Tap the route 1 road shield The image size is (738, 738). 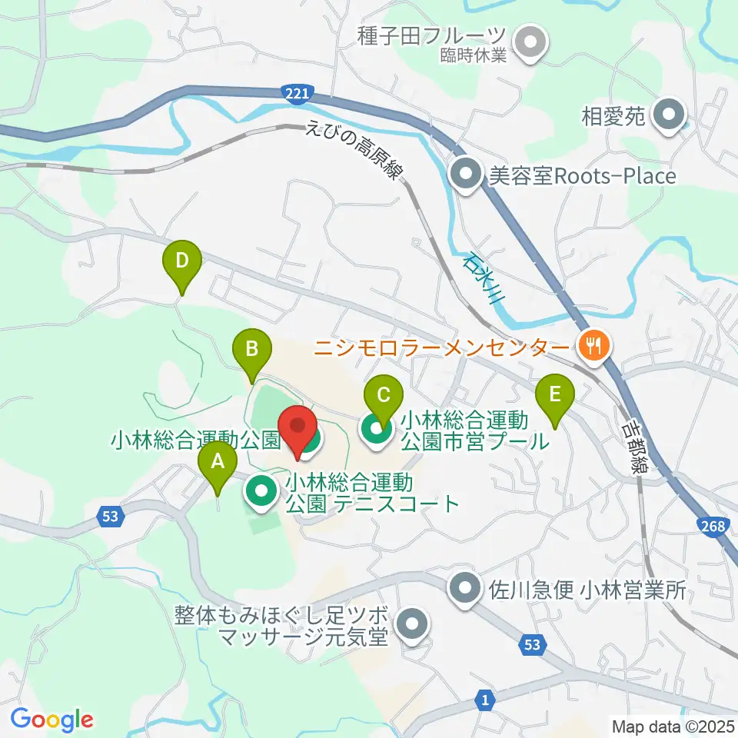pos(485,700)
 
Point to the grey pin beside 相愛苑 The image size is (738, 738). pos(667,117)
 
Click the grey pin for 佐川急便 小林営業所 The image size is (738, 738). pos(465,590)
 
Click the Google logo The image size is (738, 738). pos(52,720)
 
